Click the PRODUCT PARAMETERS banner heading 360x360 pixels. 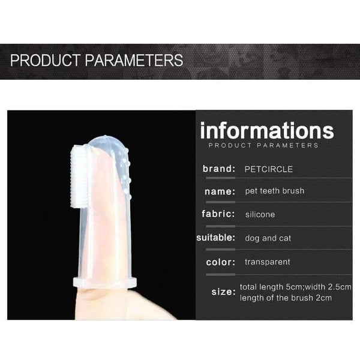[x=97, y=61]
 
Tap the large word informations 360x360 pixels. [x=266, y=130]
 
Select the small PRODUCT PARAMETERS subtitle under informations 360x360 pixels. [x=263, y=145]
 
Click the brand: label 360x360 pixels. [x=219, y=169]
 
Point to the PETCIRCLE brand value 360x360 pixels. [x=269, y=169]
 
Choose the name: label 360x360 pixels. [x=220, y=191]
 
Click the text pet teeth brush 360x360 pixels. [x=274, y=191]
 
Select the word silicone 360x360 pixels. [x=260, y=214]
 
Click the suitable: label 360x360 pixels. [x=216, y=238]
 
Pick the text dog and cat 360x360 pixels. [x=268, y=238]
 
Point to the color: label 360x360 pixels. [x=219, y=262]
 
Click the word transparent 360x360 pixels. [x=267, y=262]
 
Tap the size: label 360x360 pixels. [x=223, y=292]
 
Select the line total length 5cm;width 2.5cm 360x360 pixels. [x=295, y=287]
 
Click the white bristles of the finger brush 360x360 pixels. [x=79, y=177]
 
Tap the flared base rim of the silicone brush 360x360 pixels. [x=105, y=283]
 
